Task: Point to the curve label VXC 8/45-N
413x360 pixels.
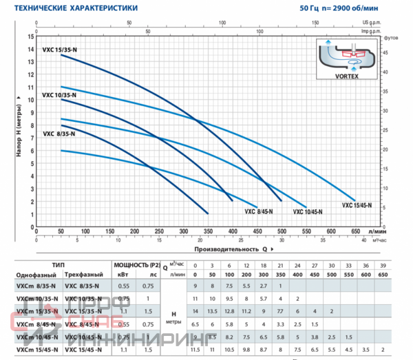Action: coord(257,211)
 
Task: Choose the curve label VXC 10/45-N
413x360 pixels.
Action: coord(310,211)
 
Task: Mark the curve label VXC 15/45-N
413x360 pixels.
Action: coord(357,205)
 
